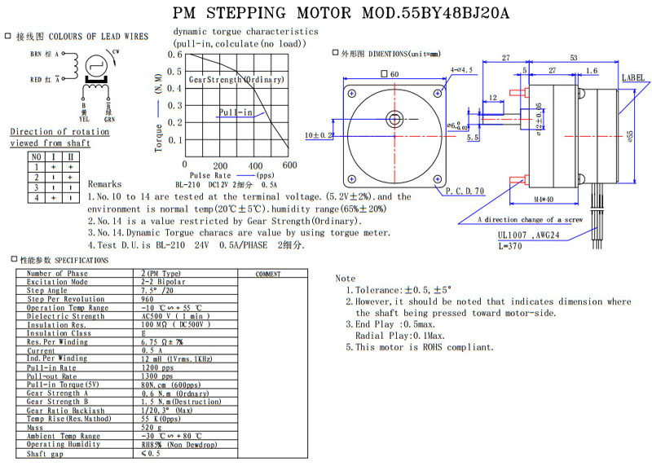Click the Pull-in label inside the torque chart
(x=236, y=112)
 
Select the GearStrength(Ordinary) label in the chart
(x=236, y=80)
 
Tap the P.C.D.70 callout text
(x=465, y=191)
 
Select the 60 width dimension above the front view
(x=394, y=74)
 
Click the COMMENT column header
(x=268, y=274)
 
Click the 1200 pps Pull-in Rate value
(x=157, y=367)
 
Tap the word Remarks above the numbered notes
(x=105, y=184)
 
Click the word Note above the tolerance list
(x=346, y=279)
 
